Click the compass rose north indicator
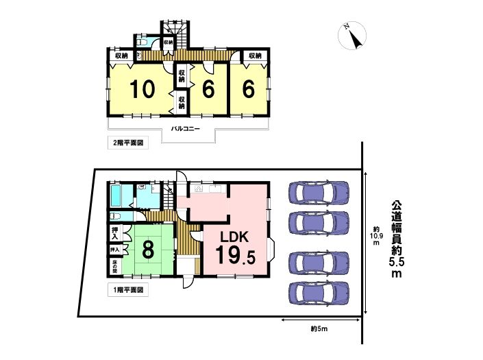(x=352, y=36)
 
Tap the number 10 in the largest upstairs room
(x=142, y=89)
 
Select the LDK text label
(x=234, y=237)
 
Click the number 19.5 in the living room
(x=236, y=255)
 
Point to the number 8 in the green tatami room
(x=148, y=250)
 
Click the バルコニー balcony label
(x=186, y=128)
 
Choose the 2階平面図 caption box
(x=128, y=143)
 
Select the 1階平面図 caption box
(x=128, y=290)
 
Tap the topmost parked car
(x=319, y=193)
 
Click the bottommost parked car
(x=319, y=293)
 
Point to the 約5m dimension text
(x=319, y=329)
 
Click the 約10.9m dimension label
(x=376, y=236)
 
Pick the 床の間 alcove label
(x=114, y=267)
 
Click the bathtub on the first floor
(x=116, y=196)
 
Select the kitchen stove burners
(x=198, y=189)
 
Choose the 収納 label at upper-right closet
(x=255, y=56)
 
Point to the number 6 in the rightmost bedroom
(x=249, y=89)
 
